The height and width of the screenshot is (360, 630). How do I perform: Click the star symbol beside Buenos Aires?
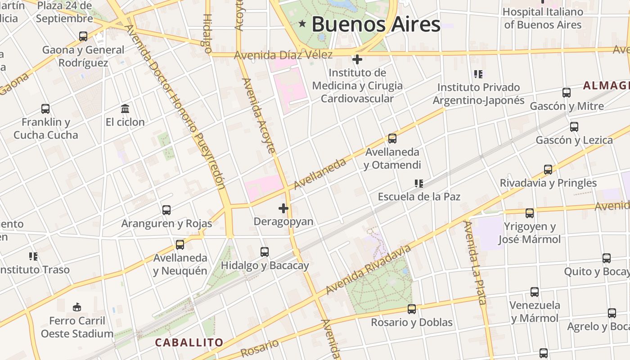302,24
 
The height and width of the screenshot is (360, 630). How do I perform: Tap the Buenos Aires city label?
376,24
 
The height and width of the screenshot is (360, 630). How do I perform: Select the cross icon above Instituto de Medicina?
357,59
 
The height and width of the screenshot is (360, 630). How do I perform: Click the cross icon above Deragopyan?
283,208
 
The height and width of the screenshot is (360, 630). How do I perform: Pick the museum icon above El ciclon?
125,109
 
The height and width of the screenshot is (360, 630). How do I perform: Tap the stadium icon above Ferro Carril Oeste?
77,307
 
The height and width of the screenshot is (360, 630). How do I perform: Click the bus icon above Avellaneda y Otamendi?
392,139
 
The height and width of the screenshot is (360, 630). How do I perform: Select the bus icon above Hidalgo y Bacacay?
265,252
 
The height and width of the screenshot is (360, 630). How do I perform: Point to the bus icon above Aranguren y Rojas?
166,210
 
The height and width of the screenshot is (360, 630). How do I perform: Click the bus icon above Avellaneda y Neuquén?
180,245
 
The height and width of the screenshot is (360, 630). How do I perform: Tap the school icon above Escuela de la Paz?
419,184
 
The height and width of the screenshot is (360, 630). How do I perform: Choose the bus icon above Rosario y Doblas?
412,309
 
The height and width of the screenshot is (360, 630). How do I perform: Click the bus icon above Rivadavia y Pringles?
548,170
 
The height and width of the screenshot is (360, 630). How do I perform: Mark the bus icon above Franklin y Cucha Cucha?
45,109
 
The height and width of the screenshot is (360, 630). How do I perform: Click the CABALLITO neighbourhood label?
189,342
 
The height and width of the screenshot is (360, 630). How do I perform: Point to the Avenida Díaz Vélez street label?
283,55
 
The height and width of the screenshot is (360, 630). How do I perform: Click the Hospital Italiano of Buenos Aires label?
543,18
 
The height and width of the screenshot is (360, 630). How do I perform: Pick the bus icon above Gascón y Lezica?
574,127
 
